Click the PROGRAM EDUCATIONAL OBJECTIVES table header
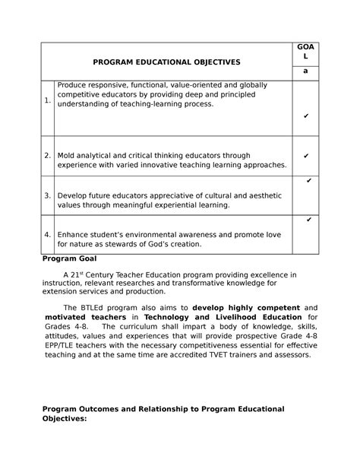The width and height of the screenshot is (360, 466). click(x=165, y=61)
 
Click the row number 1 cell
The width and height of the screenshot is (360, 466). click(x=47, y=100)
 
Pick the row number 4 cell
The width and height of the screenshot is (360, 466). click(x=47, y=234)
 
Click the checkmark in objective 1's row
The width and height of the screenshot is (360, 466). click(x=305, y=116)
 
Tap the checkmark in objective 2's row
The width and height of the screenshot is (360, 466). click(x=305, y=156)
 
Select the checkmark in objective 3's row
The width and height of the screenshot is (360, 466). click(x=308, y=182)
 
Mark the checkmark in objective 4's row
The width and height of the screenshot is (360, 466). click(x=308, y=220)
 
